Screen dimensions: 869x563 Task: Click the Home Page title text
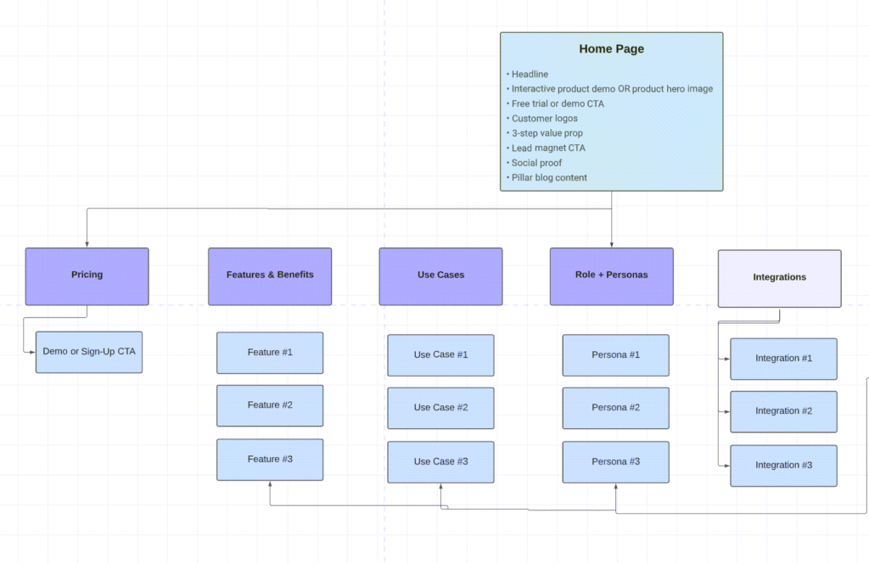pos(611,48)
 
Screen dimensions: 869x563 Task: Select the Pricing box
pos(87,276)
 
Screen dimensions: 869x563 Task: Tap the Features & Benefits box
pos(270,276)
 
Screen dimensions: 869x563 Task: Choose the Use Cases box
pos(440,276)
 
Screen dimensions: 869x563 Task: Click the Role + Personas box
pos(611,276)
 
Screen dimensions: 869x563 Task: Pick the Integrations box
pos(779,278)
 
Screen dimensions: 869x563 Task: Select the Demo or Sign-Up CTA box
pos(89,352)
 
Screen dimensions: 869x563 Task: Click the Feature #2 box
pos(270,406)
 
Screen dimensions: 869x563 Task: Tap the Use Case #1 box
pos(440,355)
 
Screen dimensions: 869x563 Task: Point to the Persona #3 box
pos(616,462)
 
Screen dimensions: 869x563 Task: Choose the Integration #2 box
pos(783,412)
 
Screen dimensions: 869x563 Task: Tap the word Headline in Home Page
pos(530,74)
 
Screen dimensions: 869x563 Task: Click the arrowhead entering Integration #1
pos(727,359)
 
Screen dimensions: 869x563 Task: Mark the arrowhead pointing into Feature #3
pos(270,484)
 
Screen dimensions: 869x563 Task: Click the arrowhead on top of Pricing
pos(87,245)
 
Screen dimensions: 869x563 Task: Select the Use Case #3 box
pos(440,462)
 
